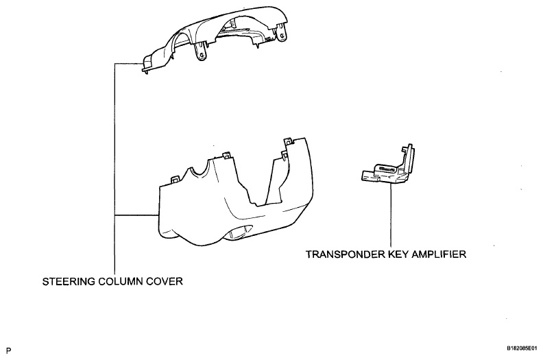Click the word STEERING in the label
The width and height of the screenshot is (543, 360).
click(69, 281)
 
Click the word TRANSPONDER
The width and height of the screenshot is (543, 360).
click(345, 254)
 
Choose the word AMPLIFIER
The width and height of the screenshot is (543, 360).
click(439, 254)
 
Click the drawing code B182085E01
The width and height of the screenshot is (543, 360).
click(522, 348)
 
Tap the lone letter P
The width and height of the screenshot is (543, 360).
click(9, 350)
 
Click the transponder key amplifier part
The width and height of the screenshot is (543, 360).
click(388, 165)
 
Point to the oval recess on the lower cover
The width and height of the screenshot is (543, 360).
click(240, 232)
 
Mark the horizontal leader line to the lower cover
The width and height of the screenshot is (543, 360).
click(136, 215)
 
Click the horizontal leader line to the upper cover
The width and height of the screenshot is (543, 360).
click(129, 63)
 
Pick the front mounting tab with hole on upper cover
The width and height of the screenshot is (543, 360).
click(201, 51)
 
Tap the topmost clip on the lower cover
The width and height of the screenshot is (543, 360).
click(287, 141)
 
